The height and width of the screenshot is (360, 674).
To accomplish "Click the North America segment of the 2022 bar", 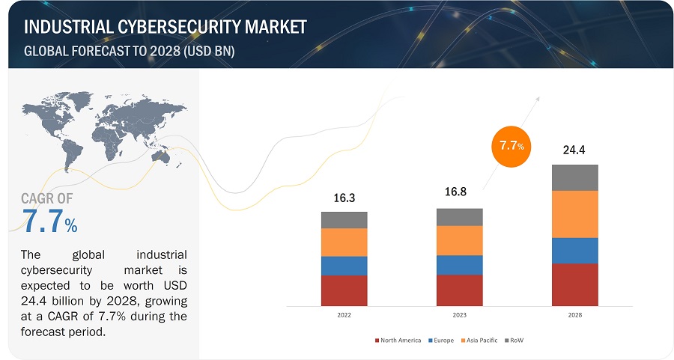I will coord(344,290).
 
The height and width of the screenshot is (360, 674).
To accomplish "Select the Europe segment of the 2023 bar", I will coord(459,265).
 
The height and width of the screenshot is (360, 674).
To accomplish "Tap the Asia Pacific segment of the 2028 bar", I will coord(574,214).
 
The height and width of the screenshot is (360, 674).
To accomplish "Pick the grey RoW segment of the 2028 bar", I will coord(574,177).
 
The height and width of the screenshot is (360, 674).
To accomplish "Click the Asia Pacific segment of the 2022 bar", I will coord(344,242).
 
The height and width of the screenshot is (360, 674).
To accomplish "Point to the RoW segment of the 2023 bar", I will coord(459,217).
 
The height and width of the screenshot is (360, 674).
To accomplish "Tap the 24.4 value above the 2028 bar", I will coord(574,150).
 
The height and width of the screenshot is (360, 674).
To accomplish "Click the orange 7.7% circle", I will coord(511,145).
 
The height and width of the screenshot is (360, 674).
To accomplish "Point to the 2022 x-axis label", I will coord(344,315).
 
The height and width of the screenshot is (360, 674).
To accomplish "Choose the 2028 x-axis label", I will coord(574,315).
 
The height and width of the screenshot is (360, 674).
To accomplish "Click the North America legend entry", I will coord(398,340).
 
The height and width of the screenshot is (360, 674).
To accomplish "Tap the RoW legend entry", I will coord(516,340).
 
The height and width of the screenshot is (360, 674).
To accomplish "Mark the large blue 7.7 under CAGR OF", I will coord(42,222).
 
